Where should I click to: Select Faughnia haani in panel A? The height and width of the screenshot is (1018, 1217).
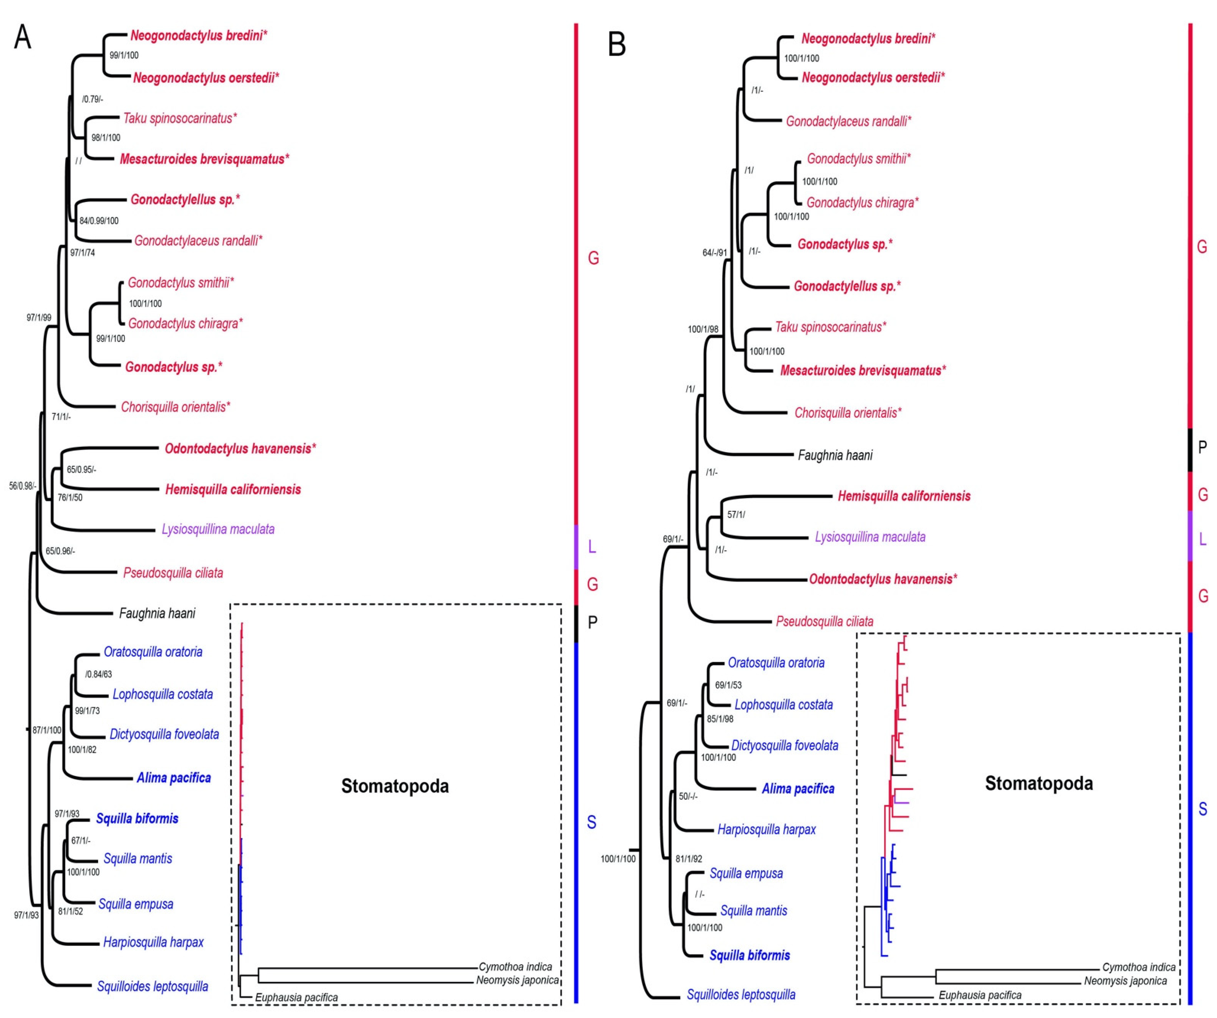point(157,613)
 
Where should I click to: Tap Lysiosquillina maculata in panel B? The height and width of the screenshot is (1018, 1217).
point(870,537)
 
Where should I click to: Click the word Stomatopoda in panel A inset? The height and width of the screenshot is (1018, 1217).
point(395,786)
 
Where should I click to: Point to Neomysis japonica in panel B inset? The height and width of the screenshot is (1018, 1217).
point(1125,981)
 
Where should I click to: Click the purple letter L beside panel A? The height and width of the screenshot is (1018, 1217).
point(592,546)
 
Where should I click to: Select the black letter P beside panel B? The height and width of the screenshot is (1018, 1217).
point(1202,447)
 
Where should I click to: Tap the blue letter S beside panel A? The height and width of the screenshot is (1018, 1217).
point(591,822)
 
